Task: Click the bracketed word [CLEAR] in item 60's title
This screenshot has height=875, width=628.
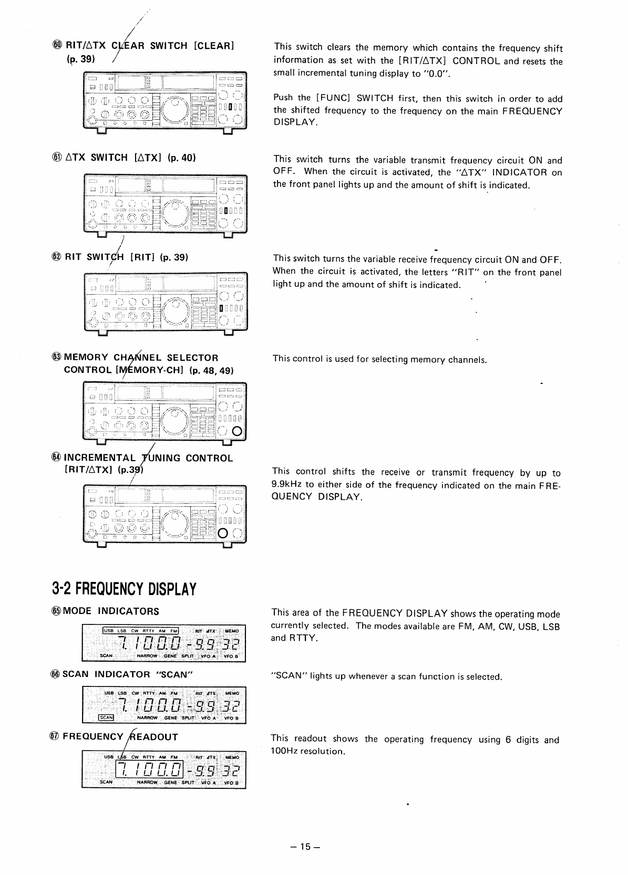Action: pos(213,46)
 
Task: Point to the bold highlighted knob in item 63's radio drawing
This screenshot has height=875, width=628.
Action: pos(236,432)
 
